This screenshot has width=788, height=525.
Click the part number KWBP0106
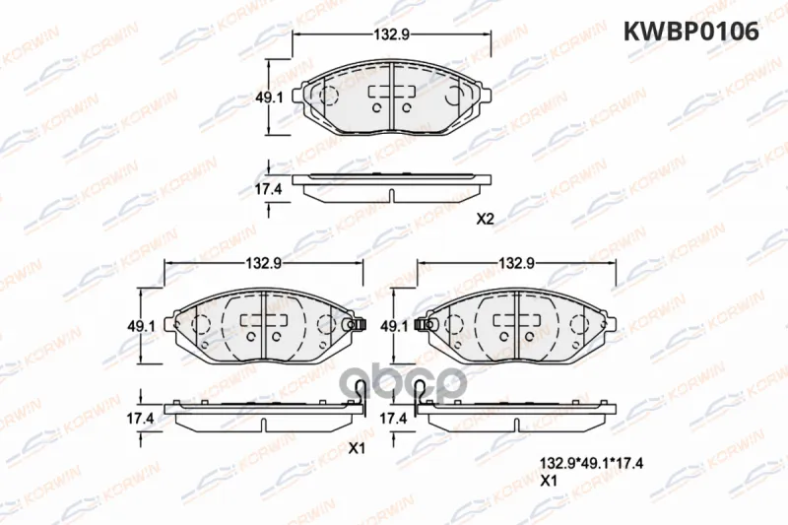pyautogui.click(x=691, y=32)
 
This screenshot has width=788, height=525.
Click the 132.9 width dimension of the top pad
pyautogui.click(x=392, y=34)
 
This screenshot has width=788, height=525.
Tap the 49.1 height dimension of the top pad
pyautogui.click(x=269, y=98)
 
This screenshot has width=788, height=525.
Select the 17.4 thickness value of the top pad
pyautogui.click(x=269, y=189)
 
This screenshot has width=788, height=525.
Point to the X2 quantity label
pyautogui.click(x=486, y=219)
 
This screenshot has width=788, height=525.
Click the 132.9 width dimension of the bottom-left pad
pyautogui.click(x=263, y=263)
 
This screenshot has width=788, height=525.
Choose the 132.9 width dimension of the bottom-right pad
pyautogui.click(x=516, y=263)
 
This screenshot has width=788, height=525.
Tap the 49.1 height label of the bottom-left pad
pyautogui.click(x=141, y=326)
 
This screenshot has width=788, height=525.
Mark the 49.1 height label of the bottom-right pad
pyautogui.click(x=394, y=326)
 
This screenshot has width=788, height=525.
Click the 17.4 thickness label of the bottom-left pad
pyautogui.click(x=140, y=418)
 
